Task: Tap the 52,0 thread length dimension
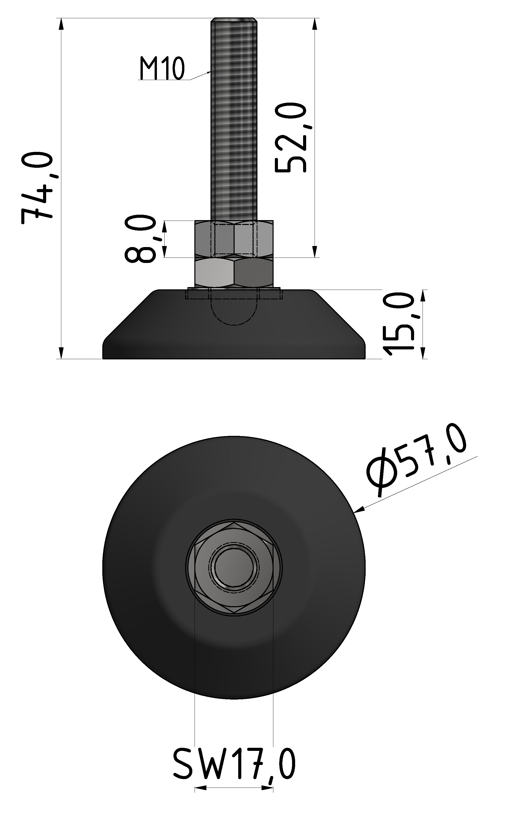coord(291,138)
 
